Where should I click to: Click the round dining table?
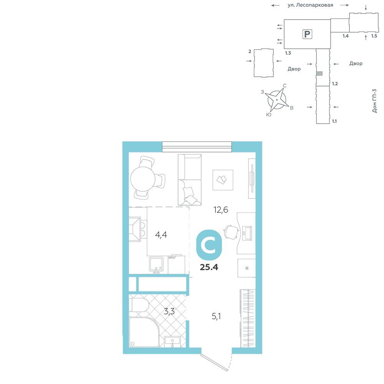[143, 179]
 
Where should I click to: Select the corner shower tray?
[144, 332]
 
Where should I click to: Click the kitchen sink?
[157, 265]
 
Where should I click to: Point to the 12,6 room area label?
[221, 210]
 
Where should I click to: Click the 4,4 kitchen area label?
[161, 235]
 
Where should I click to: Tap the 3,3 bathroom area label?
[169, 311]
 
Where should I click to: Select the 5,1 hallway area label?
[216, 316]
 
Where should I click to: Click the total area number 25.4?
[209, 267]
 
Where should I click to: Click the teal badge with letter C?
[209, 245]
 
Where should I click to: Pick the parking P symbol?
[307, 34]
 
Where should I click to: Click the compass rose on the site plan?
[277, 100]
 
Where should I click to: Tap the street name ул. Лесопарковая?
[310, 5]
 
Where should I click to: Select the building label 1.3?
[288, 53]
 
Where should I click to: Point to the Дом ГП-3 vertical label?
[374, 101]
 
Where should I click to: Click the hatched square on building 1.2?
[319, 73]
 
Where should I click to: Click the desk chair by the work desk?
[231, 232]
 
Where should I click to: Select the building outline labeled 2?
[263, 63]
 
